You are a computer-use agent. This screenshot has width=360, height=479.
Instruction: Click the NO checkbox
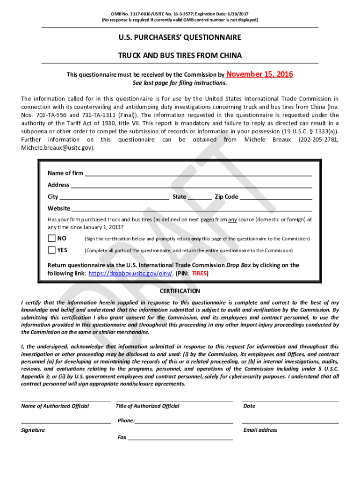pos(51,239)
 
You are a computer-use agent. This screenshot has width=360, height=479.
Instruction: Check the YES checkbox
pos(51,250)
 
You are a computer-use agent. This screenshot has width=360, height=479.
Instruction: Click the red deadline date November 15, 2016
pos(259,74)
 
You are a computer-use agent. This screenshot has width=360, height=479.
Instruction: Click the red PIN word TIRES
pos(200,273)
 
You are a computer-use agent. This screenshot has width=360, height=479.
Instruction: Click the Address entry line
pos(192,185)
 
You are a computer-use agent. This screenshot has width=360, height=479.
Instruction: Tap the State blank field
pos(200,196)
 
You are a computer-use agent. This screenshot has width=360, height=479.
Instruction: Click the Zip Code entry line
pos(276,196)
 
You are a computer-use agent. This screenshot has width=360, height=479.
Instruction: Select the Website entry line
pos(192,208)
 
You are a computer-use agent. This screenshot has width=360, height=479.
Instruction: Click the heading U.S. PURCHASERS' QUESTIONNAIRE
pos(180,37)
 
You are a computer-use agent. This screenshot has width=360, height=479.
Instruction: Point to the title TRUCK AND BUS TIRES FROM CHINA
pos(180,56)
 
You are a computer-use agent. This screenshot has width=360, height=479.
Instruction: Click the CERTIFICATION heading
pos(180,291)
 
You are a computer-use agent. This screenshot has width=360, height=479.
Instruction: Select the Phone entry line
pos(184,421)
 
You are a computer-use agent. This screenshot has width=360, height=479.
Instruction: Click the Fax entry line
pos(180,438)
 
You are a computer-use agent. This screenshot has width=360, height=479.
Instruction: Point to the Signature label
pos(33,430)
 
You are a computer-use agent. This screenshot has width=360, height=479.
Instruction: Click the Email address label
pos(260,430)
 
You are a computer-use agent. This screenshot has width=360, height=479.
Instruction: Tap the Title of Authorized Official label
pos(147,406)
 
